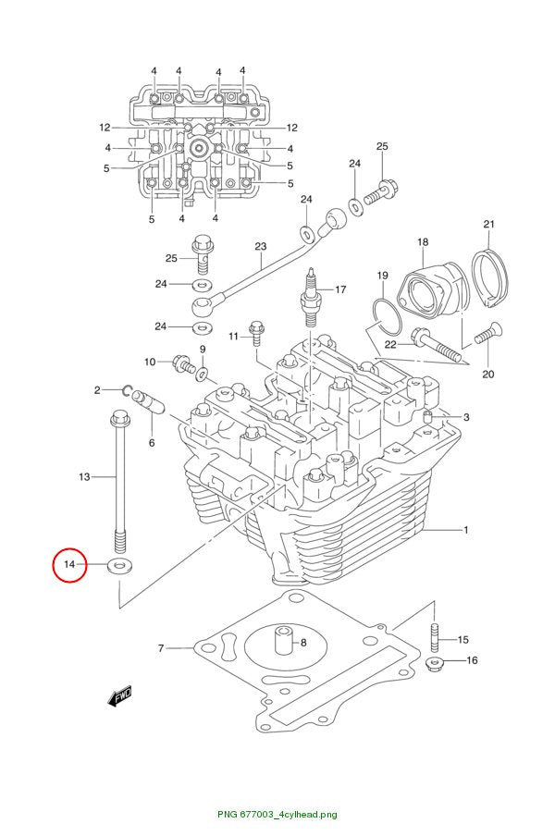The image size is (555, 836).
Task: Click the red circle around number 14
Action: point(53,565)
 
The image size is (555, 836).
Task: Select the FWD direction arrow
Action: point(119,696)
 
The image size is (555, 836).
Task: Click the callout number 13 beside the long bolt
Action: point(84,476)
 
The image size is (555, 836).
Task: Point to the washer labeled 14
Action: point(120,565)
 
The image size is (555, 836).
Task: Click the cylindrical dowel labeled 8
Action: point(284,640)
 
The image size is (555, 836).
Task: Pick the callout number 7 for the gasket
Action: point(161,648)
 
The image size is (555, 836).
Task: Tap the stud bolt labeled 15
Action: point(435,637)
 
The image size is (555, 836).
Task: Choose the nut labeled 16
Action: point(436,664)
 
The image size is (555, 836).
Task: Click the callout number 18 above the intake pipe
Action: point(423,242)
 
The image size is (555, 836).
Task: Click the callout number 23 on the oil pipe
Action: point(260,246)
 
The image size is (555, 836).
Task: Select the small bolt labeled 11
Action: point(256,333)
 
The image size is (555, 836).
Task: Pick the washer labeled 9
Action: point(203,373)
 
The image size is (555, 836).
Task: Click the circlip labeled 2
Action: point(128,392)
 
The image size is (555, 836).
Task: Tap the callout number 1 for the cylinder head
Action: point(465,530)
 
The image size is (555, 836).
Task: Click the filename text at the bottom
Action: point(277,814)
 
